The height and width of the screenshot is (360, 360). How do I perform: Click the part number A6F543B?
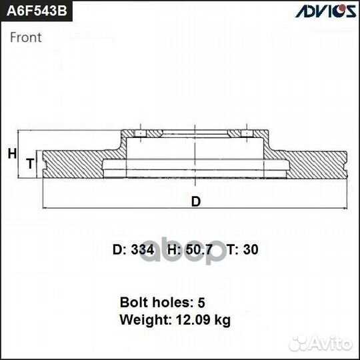point(37,13)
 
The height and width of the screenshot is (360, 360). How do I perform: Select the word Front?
point(26,37)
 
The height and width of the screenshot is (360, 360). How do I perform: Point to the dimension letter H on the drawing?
point(11,154)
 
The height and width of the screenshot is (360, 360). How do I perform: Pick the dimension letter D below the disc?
point(196,201)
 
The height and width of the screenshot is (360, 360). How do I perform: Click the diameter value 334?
point(143,250)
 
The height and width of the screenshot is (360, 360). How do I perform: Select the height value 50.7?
point(199,250)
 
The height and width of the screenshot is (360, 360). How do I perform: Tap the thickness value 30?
point(250,250)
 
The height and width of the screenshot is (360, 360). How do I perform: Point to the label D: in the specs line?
point(119,250)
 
